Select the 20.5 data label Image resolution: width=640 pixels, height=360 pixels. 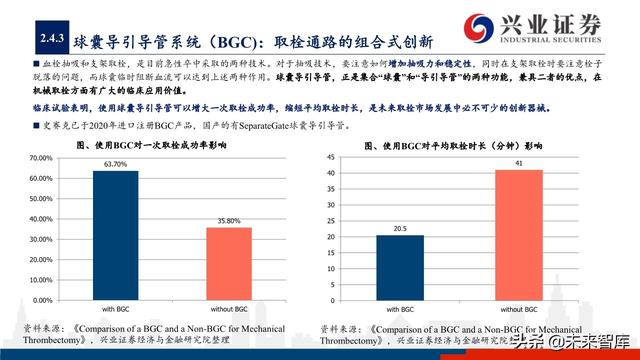click(400, 228)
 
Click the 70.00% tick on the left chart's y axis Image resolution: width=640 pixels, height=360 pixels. click(42, 158)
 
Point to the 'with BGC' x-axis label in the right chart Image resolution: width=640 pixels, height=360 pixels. click(400, 308)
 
